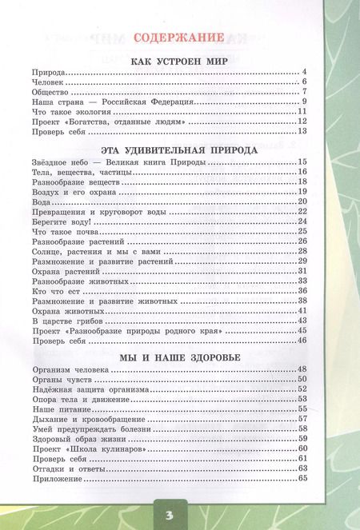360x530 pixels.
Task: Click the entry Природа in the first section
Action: coord(47,74)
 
